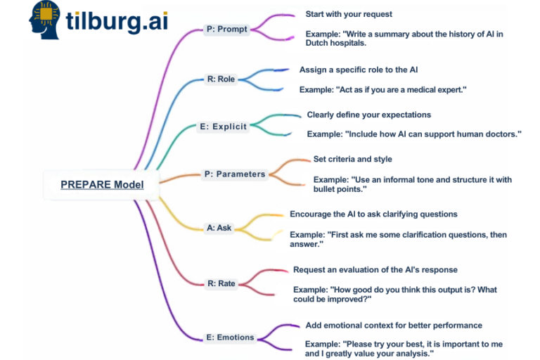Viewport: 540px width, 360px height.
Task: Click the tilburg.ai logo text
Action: tap(117, 22)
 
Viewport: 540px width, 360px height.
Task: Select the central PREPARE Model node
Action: tap(102, 185)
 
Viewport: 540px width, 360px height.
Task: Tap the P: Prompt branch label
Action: tap(227, 30)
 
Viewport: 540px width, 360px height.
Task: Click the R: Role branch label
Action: tap(221, 79)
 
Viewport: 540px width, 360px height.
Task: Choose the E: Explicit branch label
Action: tap(223, 127)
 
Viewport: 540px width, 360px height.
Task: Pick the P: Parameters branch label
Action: tap(234, 174)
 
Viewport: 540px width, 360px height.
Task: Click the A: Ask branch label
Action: tap(219, 228)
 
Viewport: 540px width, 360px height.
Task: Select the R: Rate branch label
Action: tap(221, 283)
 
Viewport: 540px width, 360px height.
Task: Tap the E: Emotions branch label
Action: tap(230, 337)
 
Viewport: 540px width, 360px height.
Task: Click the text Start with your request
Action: tap(349, 14)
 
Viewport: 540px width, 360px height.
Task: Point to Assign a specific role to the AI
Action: tap(359, 70)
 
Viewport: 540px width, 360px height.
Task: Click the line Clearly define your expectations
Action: tap(369, 115)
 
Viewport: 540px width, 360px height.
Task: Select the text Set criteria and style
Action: tap(353, 159)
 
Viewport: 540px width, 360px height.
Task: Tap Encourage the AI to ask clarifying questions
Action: tap(373, 214)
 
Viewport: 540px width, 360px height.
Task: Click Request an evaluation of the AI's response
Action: tap(375, 269)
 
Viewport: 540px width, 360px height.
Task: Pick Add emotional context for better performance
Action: tap(394, 326)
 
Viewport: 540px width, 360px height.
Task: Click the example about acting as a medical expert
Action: tap(383, 89)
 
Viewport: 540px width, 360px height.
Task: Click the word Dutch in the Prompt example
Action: tap(318, 43)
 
